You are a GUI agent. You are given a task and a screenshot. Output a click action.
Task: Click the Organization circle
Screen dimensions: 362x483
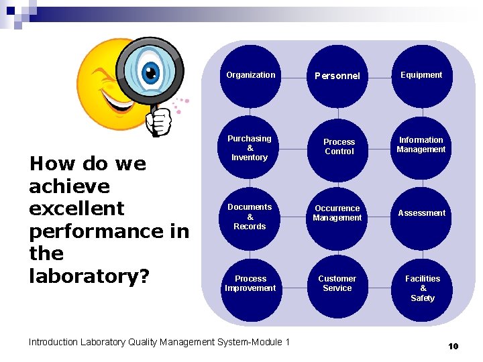tap(251, 76)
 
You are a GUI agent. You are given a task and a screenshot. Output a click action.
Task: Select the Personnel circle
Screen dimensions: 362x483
tap(337, 76)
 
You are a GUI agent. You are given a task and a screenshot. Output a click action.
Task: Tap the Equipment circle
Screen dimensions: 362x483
tap(421, 76)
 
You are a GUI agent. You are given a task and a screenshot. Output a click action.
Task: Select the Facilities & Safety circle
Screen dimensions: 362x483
tap(423, 288)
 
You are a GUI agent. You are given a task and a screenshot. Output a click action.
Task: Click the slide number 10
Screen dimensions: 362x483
tap(453, 347)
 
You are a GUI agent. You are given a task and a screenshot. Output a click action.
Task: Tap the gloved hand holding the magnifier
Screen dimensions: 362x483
tap(159, 121)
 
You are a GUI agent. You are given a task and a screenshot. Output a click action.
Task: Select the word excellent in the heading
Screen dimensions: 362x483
tap(76, 208)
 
